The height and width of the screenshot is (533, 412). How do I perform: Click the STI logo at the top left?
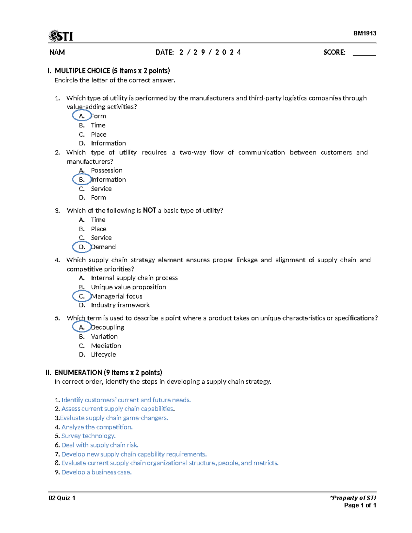(61, 36)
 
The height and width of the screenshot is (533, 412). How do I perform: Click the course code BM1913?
(365, 33)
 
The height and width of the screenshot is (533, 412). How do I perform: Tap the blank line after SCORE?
(364, 53)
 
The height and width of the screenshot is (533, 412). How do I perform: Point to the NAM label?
(57, 53)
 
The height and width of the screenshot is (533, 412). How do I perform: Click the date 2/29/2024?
(209, 53)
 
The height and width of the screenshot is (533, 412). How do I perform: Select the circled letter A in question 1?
(82, 116)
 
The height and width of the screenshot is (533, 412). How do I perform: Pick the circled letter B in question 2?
(82, 179)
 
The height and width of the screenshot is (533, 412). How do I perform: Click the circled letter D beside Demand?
(82, 247)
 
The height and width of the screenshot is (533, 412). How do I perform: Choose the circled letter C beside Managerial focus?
(82, 296)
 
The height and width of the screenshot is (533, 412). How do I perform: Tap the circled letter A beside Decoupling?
(82, 327)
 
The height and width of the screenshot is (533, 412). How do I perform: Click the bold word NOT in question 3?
(149, 210)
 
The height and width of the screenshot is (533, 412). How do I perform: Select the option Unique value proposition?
(128, 287)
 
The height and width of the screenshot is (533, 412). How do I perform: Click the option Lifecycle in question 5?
(103, 355)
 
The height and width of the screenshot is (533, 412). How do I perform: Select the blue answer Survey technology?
(88, 436)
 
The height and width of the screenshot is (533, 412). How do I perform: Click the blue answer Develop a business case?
(96, 472)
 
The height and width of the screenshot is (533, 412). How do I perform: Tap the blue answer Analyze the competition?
(97, 427)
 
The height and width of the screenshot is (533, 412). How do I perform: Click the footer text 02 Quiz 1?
(62, 498)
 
